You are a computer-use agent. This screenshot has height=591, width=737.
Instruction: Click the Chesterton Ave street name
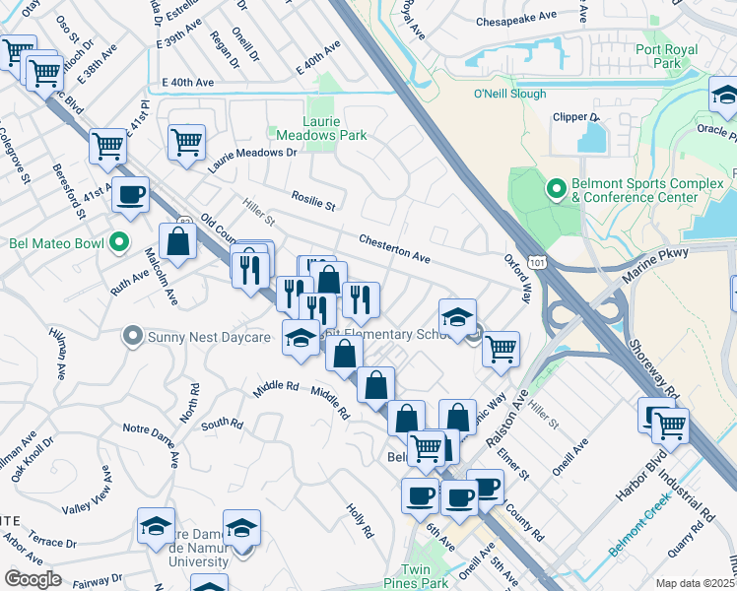click(394, 248)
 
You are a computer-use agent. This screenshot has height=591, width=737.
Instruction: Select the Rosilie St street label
click(313, 201)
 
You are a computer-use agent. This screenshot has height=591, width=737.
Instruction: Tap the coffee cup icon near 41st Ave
click(130, 194)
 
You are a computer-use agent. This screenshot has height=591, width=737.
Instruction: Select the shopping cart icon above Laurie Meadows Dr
click(186, 142)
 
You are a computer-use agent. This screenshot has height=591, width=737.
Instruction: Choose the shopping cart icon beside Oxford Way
click(502, 348)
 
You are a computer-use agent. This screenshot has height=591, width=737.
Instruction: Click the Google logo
click(33, 579)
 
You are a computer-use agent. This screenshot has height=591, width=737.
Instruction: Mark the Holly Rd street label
click(360, 520)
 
